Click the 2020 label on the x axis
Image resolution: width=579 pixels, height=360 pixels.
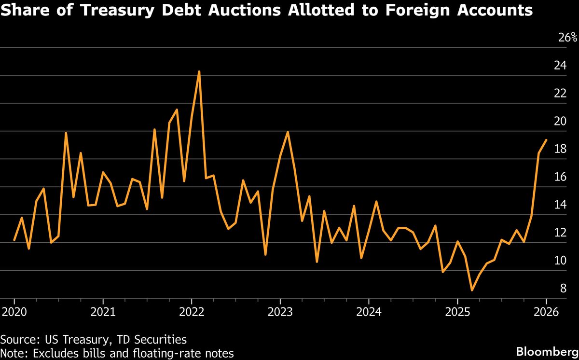pyautogui.click(x=14, y=311)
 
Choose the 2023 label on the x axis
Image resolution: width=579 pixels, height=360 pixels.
pyautogui.click(x=280, y=311)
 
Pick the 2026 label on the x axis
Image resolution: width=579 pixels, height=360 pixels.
pyautogui.click(x=546, y=311)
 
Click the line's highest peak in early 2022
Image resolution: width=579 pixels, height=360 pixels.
pyautogui.click(x=199, y=71)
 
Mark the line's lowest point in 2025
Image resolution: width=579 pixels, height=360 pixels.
pyautogui.click(x=472, y=291)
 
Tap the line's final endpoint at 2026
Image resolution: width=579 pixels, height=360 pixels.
pyautogui.click(x=546, y=140)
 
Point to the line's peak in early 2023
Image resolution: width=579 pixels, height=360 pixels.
pyautogui.click(x=288, y=132)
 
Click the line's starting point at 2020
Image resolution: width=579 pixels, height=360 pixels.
pyautogui.click(x=14, y=240)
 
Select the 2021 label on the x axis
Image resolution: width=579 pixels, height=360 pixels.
pyautogui.click(x=103, y=311)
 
